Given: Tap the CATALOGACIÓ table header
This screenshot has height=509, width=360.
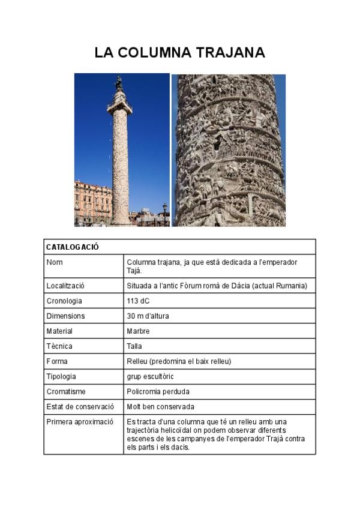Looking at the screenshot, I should click(x=73, y=247).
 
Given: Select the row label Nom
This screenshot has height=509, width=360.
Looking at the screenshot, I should click(x=55, y=262).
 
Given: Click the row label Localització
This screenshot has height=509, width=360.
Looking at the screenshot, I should click(x=65, y=286).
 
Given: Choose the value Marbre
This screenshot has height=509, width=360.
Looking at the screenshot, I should click(x=138, y=331).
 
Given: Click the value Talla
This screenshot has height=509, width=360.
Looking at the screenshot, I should click(x=134, y=346).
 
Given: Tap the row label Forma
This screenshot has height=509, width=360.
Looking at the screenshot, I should click(x=57, y=361).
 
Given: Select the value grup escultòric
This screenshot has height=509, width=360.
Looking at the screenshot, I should click(x=150, y=376).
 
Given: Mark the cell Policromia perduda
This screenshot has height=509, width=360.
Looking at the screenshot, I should click(x=158, y=391).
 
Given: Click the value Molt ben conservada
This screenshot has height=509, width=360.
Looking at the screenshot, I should click(x=160, y=406).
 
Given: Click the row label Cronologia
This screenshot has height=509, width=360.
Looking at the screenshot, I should click(x=64, y=301).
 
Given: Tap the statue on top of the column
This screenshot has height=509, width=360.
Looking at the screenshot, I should click(x=119, y=83).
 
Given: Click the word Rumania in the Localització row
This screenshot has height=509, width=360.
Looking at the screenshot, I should click(x=290, y=286).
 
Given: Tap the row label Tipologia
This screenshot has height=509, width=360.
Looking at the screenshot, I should click(x=61, y=376).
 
